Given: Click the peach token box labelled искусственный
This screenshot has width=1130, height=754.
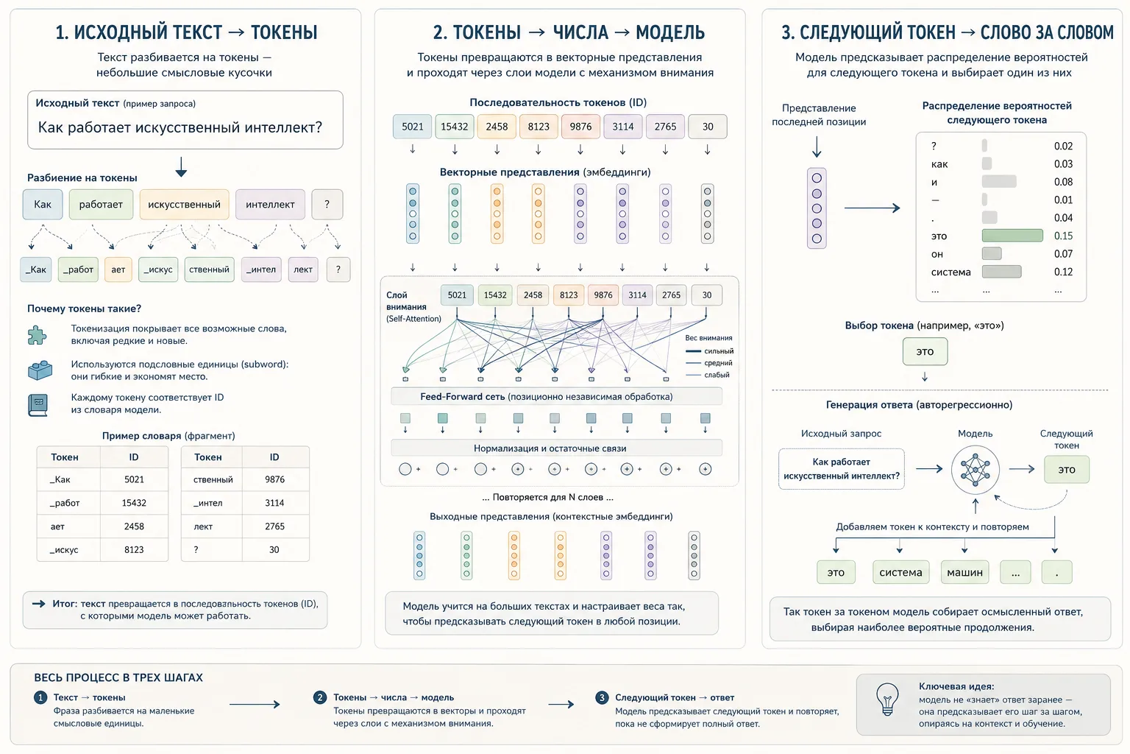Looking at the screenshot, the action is [x=184, y=204].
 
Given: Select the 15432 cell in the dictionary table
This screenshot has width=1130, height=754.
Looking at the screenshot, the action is [x=134, y=503].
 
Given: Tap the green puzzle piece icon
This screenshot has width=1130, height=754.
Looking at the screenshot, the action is [x=38, y=335].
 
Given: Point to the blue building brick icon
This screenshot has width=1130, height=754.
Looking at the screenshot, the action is [x=40, y=370].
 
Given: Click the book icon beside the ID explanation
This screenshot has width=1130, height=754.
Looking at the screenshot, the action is [x=38, y=405].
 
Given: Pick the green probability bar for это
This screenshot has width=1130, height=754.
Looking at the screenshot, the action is [x=1012, y=236].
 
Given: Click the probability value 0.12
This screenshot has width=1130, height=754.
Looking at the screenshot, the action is [x=1063, y=272].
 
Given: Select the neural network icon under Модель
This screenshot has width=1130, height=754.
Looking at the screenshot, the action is [x=975, y=470].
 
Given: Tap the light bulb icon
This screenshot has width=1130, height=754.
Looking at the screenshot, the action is [x=886, y=699].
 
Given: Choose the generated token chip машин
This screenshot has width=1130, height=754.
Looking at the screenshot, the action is [x=964, y=572].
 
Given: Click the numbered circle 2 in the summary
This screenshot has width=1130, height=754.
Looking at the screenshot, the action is [x=319, y=697].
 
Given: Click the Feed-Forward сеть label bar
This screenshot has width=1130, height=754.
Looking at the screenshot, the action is [x=556, y=396].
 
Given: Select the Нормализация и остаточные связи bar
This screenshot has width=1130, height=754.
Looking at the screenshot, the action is [x=556, y=448].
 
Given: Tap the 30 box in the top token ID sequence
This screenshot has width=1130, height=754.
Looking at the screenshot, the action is [x=707, y=126].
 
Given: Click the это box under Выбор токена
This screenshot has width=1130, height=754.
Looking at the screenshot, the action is [x=925, y=351].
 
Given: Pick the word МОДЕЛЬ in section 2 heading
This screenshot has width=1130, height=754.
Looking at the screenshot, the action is [x=670, y=32].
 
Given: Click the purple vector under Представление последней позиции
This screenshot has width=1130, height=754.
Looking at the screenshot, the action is [x=817, y=208].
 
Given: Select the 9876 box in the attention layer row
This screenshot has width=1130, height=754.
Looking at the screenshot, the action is [x=603, y=295].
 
